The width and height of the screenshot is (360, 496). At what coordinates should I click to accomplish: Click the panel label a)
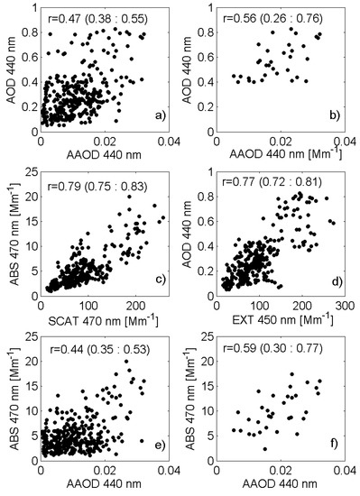click(x=160, y=116)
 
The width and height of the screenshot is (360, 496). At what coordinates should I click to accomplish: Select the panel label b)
click(x=335, y=116)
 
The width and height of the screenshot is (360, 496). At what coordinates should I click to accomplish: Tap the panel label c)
click(x=160, y=280)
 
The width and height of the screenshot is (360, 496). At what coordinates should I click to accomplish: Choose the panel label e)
click(x=160, y=445)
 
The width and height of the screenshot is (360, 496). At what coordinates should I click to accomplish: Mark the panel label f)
click(x=335, y=444)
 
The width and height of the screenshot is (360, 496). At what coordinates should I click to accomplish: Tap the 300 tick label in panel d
click(x=346, y=306)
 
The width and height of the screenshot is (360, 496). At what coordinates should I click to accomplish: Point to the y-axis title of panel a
click(x=12, y=69)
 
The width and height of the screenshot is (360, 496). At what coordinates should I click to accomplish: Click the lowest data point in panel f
click(x=265, y=449)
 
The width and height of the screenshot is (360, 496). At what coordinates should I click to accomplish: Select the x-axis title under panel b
click(x=285, y=154)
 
